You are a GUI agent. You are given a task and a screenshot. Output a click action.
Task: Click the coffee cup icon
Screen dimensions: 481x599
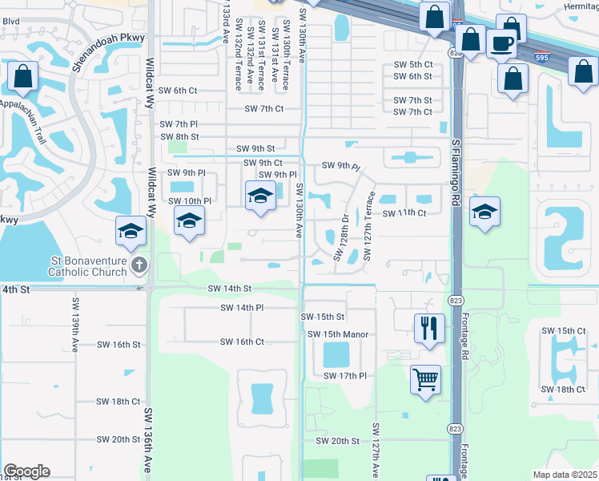pyautogui.click(x=501, y=45)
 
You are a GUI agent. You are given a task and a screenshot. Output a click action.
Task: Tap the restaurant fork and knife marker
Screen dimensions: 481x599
pyautogui.click(x=429, y=328)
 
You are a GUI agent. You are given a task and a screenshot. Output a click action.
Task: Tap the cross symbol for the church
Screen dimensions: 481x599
pyautogui.click(x=139, y=265)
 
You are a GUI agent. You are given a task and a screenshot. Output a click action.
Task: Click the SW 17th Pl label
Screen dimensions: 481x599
pyautogui.click(x=344, y=375)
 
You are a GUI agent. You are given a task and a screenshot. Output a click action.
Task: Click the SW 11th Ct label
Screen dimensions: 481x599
pyautogui.click(x=404, y=214)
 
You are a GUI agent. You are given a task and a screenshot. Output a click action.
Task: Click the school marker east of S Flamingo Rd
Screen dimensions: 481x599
pyautogui.click(x=484, y=212)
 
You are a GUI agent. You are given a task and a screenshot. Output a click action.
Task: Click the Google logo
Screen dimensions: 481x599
pyautogui.click(x=26, y=471)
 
